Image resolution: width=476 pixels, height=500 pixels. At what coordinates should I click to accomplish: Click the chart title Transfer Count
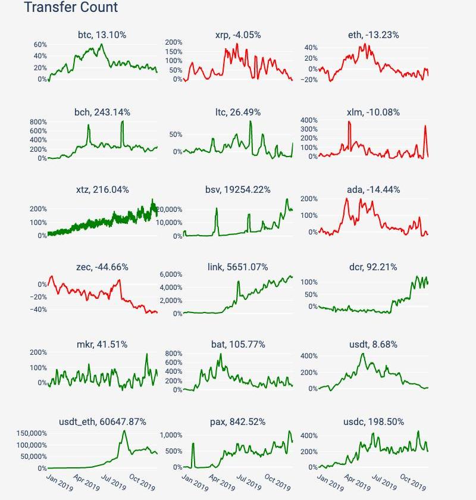tap(71, 8)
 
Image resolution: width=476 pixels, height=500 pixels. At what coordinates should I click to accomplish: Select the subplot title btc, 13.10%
tap(102, 35)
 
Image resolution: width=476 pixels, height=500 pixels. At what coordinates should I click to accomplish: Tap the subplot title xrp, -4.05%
tap(238, 35)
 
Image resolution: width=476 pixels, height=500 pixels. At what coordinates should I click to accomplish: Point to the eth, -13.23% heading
tap(374, 35)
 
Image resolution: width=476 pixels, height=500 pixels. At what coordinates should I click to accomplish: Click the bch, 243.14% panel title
tap(102, 112)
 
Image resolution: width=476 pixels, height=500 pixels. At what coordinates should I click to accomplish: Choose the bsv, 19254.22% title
tap(238, 190)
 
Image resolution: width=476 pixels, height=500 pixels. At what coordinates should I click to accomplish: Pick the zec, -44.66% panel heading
tap(102, 267)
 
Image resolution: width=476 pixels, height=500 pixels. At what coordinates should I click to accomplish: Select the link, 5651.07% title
tap(238, 267)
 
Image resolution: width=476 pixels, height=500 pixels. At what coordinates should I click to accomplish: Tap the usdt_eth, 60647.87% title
tap(102, 422)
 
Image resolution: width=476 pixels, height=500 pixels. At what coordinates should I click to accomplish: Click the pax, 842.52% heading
tap(238, 422)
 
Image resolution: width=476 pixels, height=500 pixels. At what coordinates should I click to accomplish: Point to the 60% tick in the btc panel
tap(40, 45)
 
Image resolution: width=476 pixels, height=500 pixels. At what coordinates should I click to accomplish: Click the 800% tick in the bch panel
tap(37, 121)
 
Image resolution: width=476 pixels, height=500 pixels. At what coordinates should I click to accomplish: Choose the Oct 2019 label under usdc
tap(412, 481)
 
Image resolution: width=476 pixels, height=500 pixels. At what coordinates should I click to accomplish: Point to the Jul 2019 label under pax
tap(249, 481)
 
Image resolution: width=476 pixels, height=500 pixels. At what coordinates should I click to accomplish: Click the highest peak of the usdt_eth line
tap(125, 431)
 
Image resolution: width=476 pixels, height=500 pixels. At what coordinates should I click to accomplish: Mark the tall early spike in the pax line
tap(193, 443)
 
